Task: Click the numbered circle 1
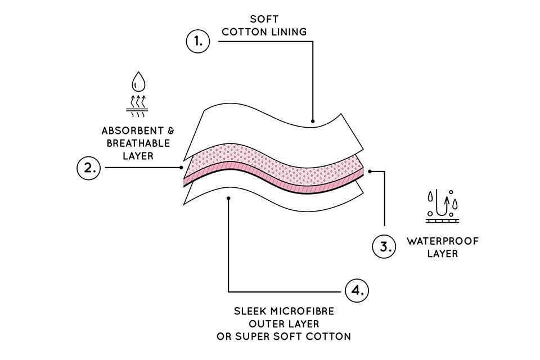(197, 41)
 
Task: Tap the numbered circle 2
(88, 167)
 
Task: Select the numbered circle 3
(384, 246)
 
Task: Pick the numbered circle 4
(357, 291)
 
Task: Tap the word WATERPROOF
(443, 241)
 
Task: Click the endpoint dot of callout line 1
(312, 121)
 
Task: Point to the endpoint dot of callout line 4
(228, 198)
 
